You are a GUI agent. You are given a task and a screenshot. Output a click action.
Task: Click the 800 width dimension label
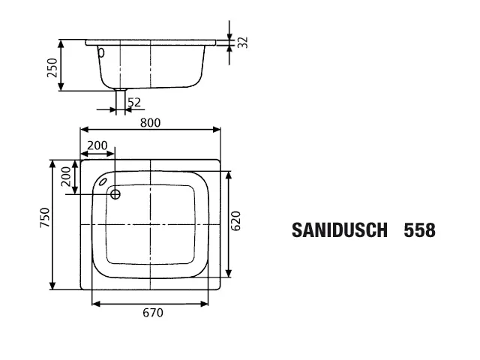point(150,123)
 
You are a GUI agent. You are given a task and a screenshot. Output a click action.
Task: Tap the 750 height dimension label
point(45,217)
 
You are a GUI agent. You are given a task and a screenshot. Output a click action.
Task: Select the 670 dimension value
point(153,313)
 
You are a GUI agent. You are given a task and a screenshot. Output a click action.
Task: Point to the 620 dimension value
point(235,220)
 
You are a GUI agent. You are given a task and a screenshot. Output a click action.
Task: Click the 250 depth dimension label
point(52,67)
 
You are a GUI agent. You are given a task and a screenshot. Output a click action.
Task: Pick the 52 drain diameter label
point(134,103)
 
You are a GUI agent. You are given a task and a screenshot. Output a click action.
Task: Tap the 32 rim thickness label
point(243,42)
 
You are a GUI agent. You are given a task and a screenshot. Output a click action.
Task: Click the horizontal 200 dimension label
point(97,145)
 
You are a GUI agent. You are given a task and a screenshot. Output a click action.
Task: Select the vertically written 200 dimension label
point(66,176)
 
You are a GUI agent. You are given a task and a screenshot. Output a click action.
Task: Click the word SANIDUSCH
point(340,230)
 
